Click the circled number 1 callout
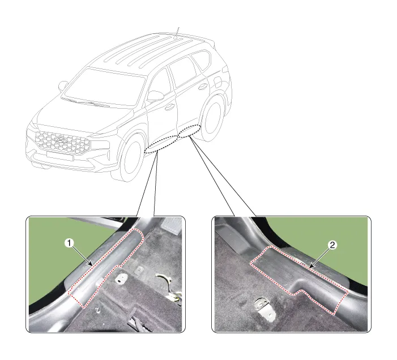pos(69,243)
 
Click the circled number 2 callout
pos(332,245)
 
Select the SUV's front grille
pos(62,143)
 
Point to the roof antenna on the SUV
pos(177,33)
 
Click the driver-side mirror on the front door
pos(155,96)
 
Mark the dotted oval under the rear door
pos(190,131)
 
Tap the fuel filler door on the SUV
pos(217,82)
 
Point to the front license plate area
pos(60,155)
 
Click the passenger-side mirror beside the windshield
pos(63,86)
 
